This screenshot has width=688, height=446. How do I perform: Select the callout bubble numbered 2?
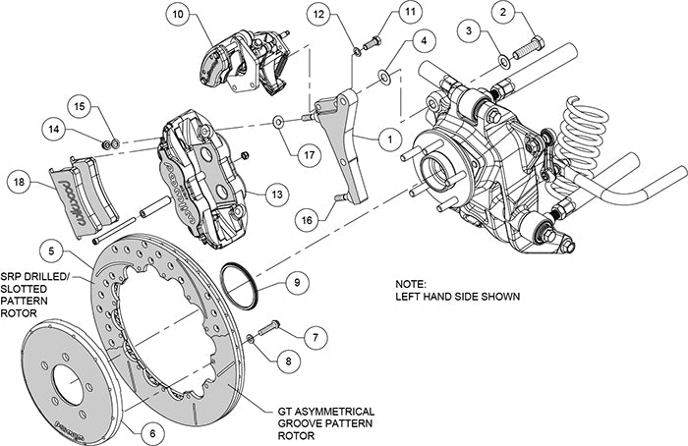tap(504, 13)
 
